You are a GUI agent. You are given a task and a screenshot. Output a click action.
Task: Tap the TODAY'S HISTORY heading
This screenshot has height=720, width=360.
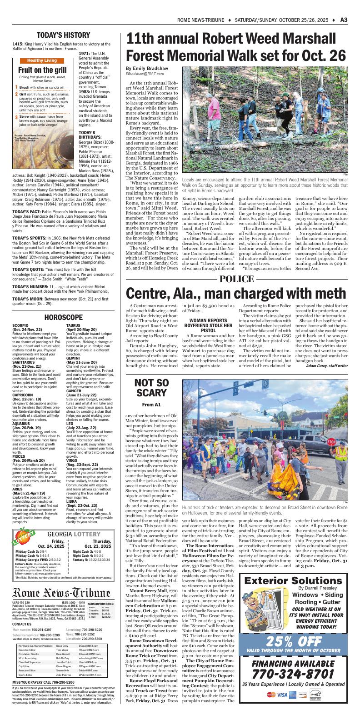[63, 35]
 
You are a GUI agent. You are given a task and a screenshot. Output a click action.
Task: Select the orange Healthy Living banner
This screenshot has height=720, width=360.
[42, 60]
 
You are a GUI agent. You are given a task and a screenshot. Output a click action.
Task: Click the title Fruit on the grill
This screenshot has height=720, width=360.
[42, 70]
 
